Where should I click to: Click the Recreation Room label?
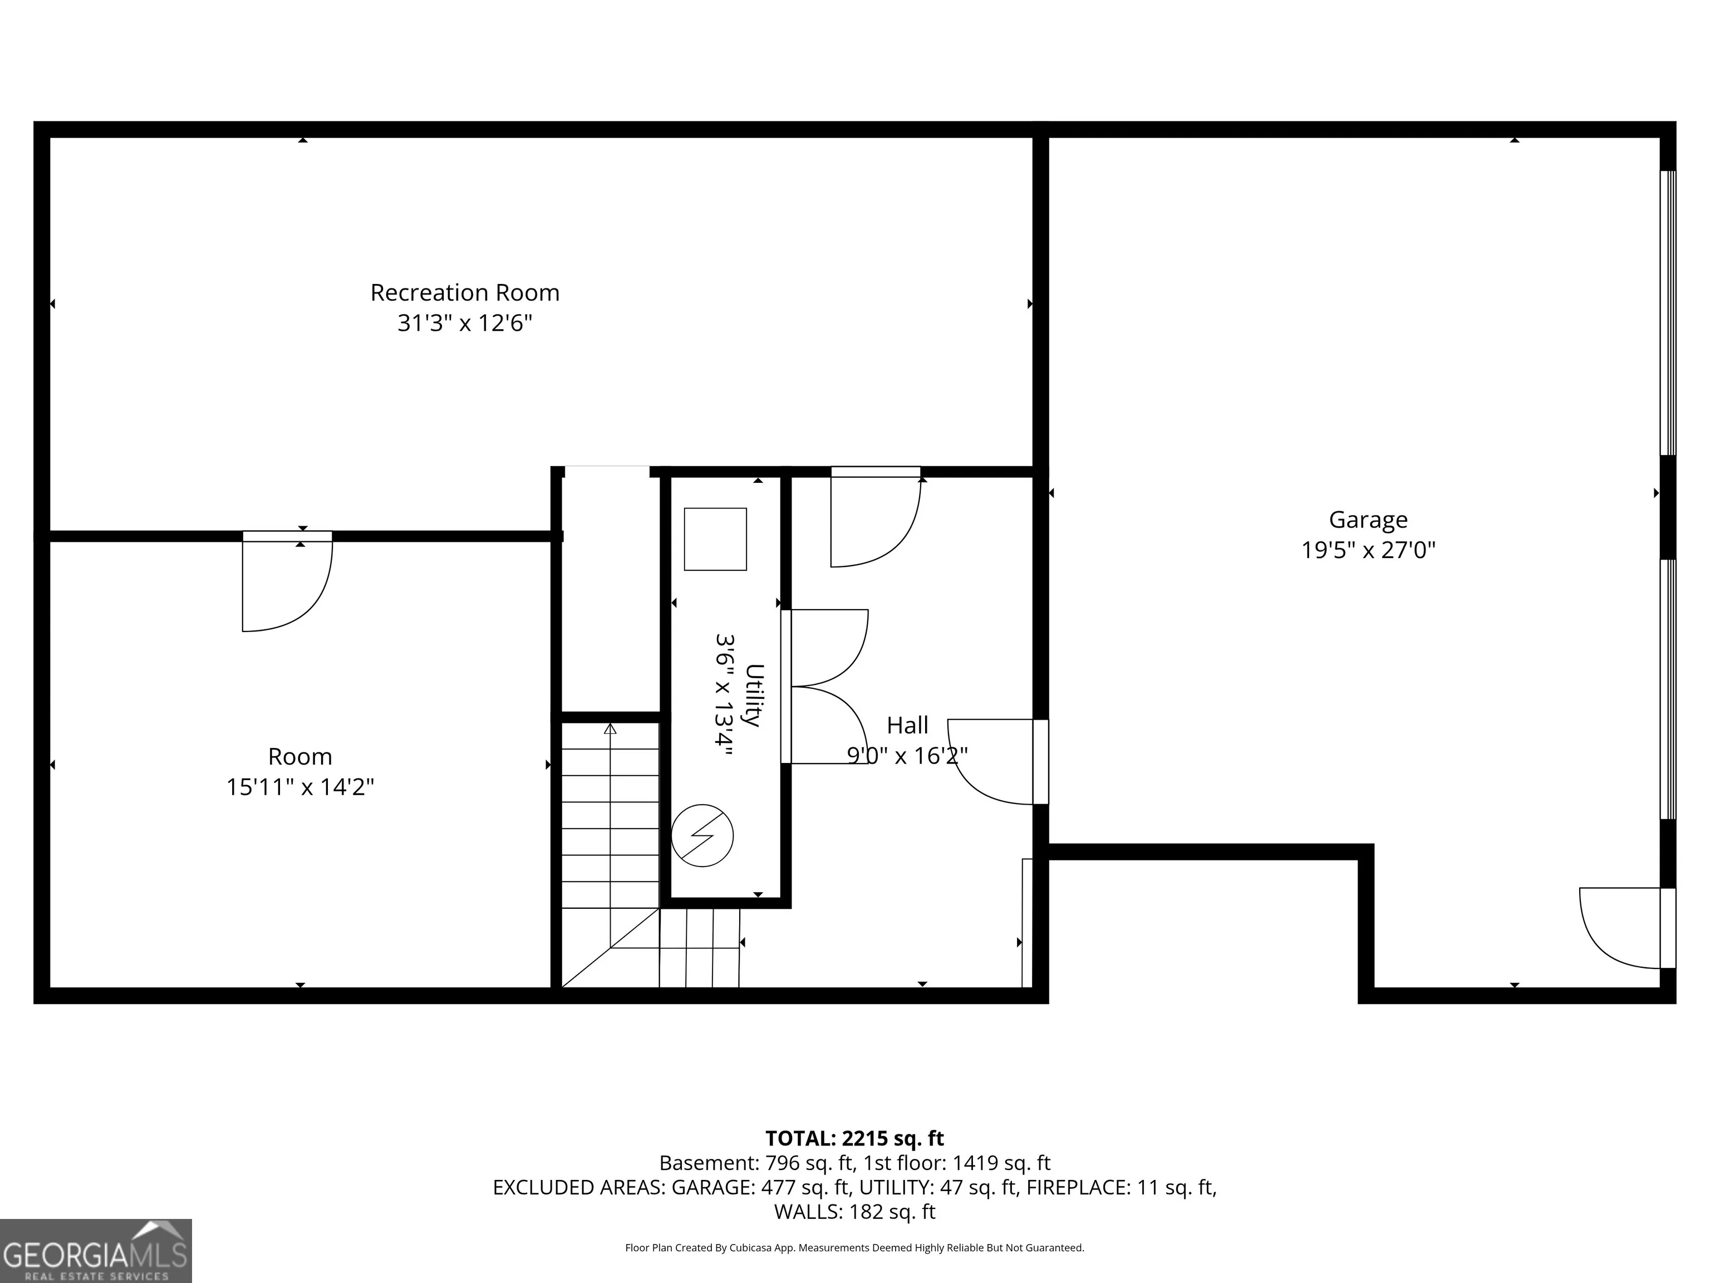pyautogui.click(x=465, y=292)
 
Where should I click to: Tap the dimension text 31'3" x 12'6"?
pyautogui.click(x=465, y=322)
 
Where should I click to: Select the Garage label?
pyautogui.click(x=1368, y=520)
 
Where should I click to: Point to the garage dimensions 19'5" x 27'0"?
pyautogui.click(x=1368, y=550)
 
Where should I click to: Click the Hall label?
pyautogui.click(x=907, y=726)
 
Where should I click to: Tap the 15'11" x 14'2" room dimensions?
pyautogui.click(x=300, y=786)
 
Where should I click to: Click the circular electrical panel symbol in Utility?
pyautogui.click(x=702, y=836)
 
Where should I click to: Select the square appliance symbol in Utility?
pyautogui.click(x=715, y=539)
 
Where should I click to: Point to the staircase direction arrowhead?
pyautogui.click(x=610, y=728)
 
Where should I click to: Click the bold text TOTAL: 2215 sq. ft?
pyautogui.click(x=854, y=1138)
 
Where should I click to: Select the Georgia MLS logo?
pyautogui.click(x=96, y=1251)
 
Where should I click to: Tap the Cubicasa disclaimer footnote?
pyautogui.click(x=854, y=1247)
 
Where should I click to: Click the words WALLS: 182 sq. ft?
pyautogui.click(x=854, y=1211)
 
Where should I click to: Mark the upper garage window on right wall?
pyautogui.click(x=1668, y=312)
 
